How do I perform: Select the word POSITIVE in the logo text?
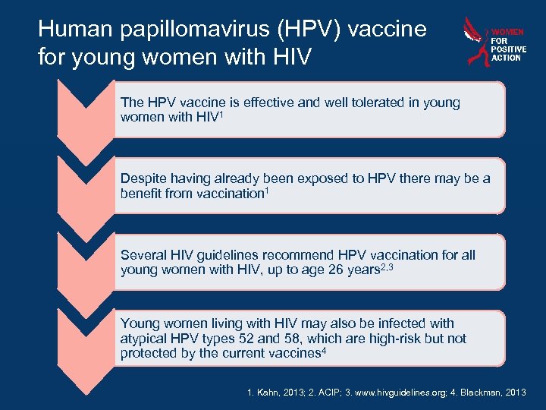point(507,49)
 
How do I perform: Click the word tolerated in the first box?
point(357,102)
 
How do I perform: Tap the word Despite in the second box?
point(143,178)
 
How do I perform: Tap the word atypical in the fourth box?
point(144,338)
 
